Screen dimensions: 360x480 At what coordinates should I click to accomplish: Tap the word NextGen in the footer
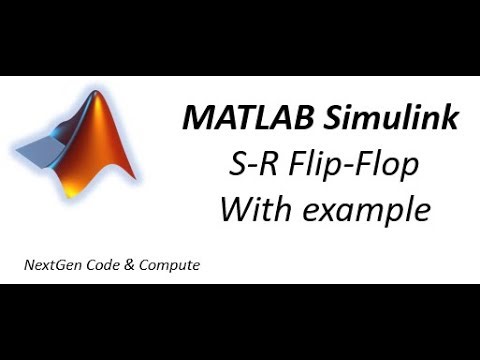pyautogui.click(x=52, y=266)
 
